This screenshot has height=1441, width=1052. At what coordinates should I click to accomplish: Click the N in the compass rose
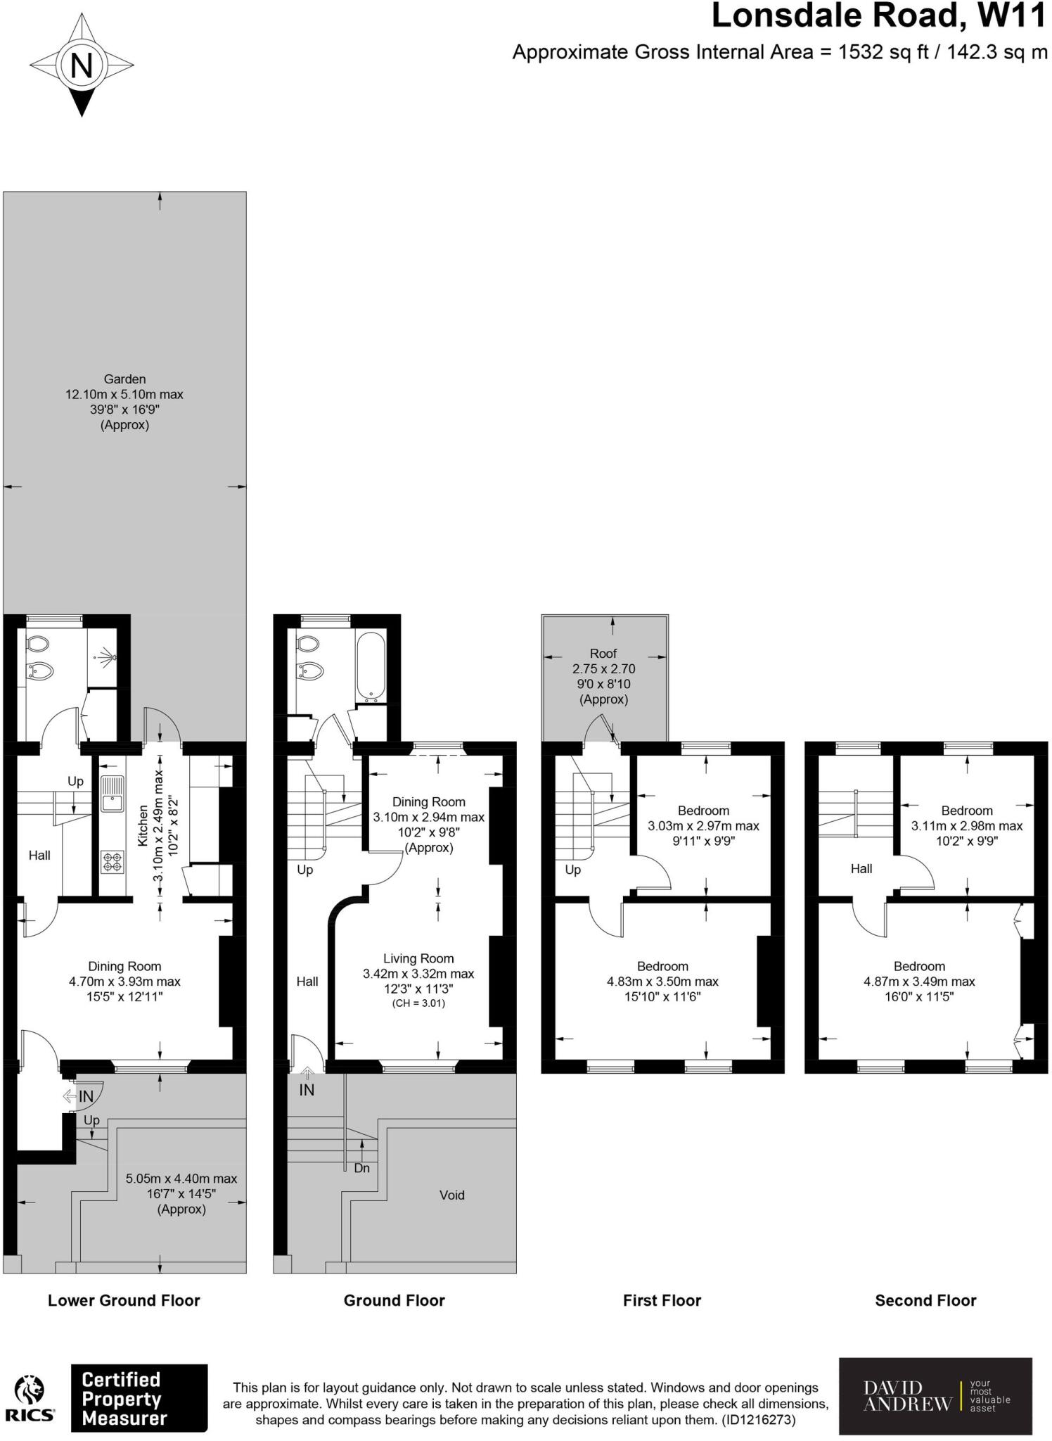click(82, 66)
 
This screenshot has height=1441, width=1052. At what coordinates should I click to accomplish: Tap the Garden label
click(124, 379)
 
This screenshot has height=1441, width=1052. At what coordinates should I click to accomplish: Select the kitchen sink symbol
click(112, 793)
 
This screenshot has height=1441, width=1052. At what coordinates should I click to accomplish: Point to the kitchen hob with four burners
click(112, 862)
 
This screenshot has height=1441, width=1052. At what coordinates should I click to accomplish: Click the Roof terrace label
click(603, 653)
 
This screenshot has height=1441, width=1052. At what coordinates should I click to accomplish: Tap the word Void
click(451, 1195)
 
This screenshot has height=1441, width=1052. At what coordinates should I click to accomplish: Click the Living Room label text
click(418, 958)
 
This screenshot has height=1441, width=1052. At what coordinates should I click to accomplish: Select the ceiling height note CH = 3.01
click(418, 1003)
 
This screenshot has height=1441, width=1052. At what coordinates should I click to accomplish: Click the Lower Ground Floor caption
click(124, 1300)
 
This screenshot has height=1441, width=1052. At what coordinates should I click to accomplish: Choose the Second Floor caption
click(925, 1300)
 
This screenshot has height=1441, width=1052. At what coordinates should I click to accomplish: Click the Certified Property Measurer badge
click(139, 1399)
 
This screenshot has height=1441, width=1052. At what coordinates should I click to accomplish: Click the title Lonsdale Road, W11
click(879, 17)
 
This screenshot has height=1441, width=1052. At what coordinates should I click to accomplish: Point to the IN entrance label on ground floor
click(307, 1090)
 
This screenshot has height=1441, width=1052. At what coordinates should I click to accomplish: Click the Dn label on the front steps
click(362, 1168)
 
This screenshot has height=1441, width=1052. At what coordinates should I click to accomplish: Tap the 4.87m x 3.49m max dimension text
click(919, 982)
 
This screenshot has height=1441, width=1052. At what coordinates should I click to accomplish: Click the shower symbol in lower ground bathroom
click(105, 658)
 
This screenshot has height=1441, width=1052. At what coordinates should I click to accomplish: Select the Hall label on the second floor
click(861, 869)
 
